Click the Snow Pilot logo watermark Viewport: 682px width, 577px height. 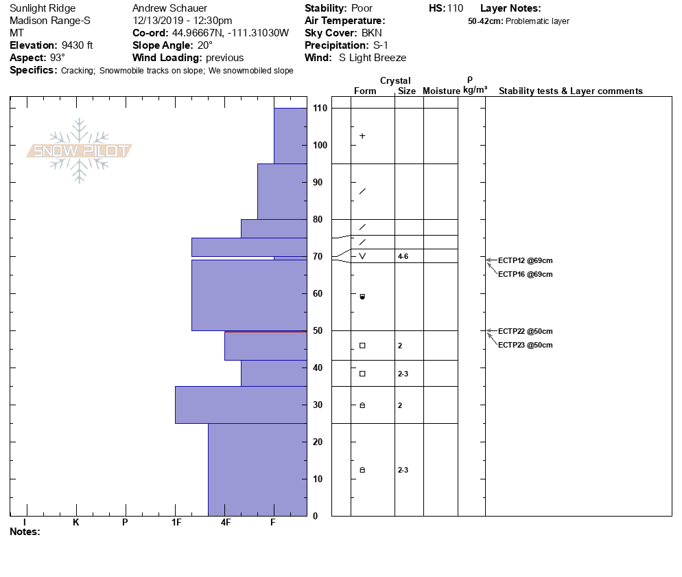(80, 151)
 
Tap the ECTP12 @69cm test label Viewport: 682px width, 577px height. (525, 261)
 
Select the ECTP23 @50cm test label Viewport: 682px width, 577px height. (525, 345)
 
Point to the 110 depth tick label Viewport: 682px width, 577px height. (319, 109)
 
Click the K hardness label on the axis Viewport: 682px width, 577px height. (75, 523)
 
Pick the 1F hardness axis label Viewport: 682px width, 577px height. (176, 523)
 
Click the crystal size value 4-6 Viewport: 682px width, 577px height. (403, 256)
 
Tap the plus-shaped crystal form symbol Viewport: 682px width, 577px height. (362, 136)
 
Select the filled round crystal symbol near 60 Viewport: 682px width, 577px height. (362, 297)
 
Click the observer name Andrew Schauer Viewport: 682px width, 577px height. (169, 8)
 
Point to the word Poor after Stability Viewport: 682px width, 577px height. (362, 8)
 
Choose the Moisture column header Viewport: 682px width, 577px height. (441, 91)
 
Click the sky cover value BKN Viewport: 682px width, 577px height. (374, 33)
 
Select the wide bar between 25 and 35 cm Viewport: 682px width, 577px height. (241, 405)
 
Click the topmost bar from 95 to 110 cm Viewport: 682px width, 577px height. (290, 135)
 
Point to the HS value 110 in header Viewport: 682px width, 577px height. (455, 8)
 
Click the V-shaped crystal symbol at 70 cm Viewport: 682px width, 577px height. (362, 256)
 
